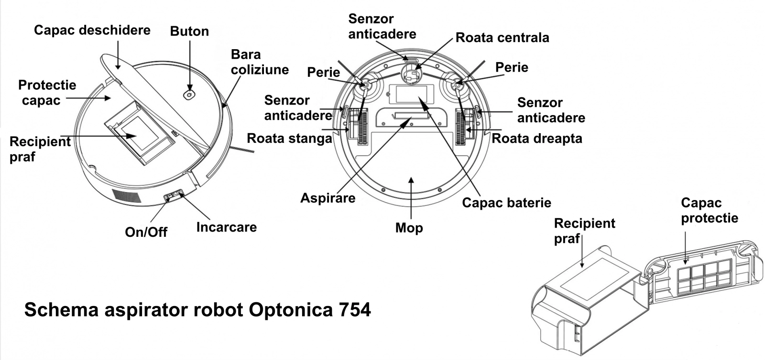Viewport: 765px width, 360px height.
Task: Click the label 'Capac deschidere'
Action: pos(92,31)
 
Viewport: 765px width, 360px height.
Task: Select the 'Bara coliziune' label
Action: pos(260,62)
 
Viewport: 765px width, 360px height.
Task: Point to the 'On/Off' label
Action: pos(146,232)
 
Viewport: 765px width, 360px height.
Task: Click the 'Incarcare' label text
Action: pos(226,227)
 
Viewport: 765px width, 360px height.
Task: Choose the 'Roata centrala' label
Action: pos(502,38)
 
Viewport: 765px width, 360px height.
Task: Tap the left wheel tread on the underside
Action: pos(361,126)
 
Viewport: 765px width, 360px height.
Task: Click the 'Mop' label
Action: pos(409,228)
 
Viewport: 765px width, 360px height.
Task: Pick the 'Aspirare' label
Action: pos(328,198)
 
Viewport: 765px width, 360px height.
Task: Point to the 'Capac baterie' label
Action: pos(506,202)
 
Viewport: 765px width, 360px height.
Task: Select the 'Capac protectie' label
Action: pos(709,210)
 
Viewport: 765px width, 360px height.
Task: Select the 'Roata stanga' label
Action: pos(289,138)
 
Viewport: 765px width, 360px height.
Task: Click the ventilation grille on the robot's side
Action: pos(127,196)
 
